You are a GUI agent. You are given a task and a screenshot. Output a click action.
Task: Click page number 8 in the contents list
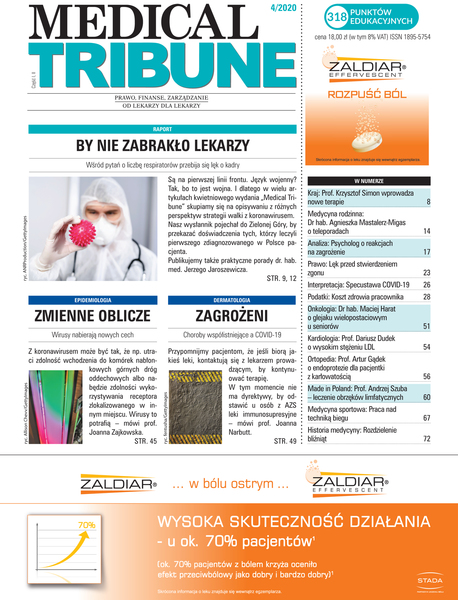click(428, 203)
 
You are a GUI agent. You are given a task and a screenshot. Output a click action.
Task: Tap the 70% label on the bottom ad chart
click(58, 524)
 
